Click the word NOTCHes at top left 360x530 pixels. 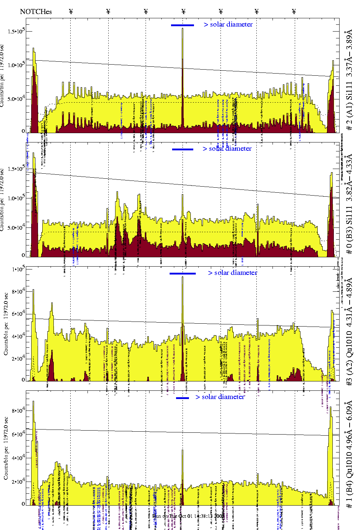pos(36,11)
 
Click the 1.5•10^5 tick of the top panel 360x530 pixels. pos(16,31)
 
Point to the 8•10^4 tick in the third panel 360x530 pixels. pos(16,291)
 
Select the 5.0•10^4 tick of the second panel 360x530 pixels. pos(16,228)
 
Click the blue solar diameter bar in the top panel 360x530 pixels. pos(182,25)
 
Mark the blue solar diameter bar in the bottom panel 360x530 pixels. pos(182,398)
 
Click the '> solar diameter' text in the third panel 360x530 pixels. pos(232,273)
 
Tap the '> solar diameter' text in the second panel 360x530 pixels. pos(227,149)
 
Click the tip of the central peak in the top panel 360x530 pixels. pos(183,29)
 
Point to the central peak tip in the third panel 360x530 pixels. pos(183,277)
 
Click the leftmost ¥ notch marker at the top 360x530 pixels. pos(71,11)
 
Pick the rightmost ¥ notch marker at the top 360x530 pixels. pos(294,11)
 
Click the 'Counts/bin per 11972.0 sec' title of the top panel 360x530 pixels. pos(2,75)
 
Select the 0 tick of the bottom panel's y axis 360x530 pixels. pos(23,503)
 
